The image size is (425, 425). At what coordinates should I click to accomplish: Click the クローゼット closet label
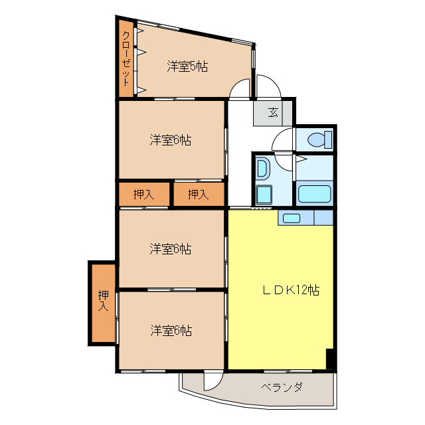[126, 59]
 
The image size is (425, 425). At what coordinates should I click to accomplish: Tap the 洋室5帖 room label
[187, 66]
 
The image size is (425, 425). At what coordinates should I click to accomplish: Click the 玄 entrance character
[273, 112]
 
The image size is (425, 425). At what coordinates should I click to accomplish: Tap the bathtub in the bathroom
[315, 195]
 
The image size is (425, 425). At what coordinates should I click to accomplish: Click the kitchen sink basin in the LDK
[291, 217]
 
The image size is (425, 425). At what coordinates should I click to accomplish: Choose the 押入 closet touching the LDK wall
[198, 195]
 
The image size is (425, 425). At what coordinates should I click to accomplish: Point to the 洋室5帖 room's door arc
[240, 88]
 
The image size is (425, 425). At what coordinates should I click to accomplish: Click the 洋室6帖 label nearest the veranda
[171, 330]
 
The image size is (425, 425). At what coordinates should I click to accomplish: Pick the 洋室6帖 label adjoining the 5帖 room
[171, 140]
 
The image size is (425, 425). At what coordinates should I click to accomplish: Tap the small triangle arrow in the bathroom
[301, 159]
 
